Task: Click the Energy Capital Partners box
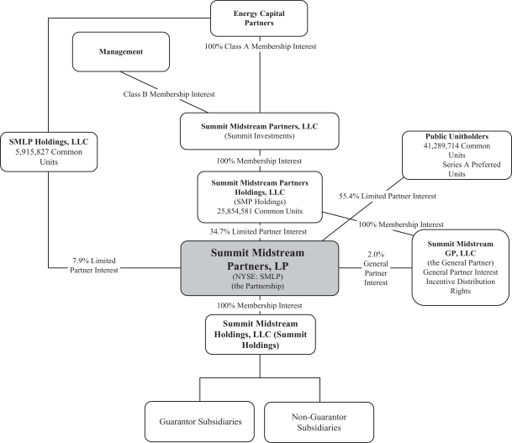[x=259, y=18]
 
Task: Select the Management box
[x=122, y=51]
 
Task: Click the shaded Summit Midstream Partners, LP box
[x=259, y=268]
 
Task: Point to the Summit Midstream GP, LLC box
[x=459, y=267]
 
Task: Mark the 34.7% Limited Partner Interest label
[x=259, y=231]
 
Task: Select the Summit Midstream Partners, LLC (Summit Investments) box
[x=259, y=131]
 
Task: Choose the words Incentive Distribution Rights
[x=459, y=286]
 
